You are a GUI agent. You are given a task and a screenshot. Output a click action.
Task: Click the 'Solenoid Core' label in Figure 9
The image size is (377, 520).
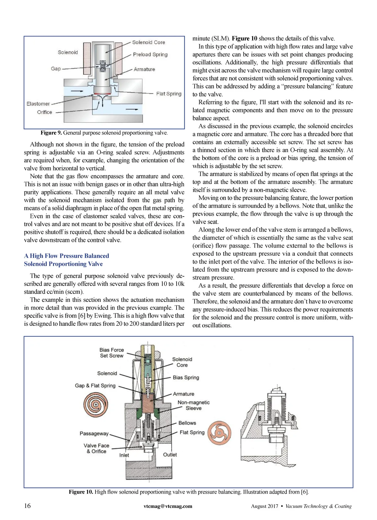148,42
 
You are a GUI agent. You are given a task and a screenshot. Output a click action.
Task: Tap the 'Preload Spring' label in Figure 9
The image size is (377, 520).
150,55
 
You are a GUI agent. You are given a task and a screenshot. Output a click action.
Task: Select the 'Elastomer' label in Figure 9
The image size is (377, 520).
38,104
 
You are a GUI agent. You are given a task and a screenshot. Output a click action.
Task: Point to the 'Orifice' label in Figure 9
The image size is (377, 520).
45,112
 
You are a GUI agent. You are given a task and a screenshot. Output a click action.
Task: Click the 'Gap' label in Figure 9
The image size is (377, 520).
56,69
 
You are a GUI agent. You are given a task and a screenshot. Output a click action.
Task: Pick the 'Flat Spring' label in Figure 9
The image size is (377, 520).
169,94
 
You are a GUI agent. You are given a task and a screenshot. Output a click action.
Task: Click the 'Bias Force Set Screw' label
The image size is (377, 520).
112,353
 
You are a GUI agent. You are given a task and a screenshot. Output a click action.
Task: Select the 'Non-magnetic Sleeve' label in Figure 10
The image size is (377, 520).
194,405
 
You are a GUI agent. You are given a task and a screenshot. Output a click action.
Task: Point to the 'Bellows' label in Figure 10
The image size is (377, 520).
187,423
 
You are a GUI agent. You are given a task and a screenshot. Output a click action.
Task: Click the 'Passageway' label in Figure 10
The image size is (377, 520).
94,433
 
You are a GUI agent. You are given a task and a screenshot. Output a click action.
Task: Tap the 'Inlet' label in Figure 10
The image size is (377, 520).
124,455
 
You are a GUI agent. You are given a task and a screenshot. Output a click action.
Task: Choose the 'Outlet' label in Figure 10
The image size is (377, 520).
170,455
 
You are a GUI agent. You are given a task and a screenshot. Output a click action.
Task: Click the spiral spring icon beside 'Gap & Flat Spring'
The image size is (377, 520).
96,405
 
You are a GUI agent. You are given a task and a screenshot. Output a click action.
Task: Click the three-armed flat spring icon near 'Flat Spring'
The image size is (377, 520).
220,433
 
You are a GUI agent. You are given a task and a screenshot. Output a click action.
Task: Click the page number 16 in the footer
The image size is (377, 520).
28,506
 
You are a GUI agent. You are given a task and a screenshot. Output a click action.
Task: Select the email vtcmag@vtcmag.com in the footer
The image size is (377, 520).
168,506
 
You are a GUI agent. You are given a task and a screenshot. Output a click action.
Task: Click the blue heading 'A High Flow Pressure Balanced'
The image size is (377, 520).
67,256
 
